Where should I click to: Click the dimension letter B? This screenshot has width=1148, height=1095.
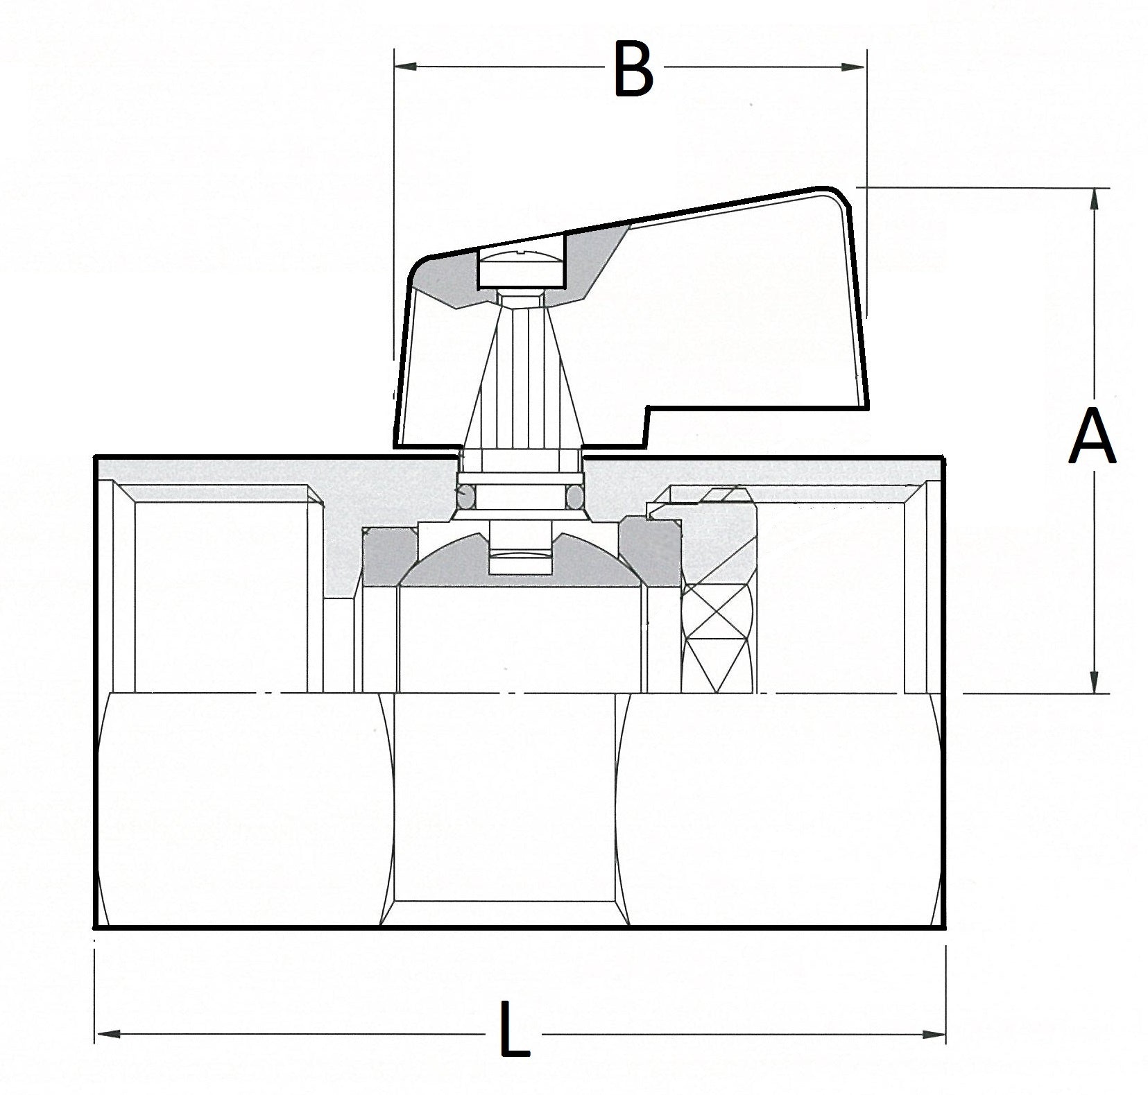[x=633, y=69]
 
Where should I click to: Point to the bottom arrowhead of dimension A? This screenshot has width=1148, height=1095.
[x=1095, y=682]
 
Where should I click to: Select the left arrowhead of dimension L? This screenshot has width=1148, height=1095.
[x=105, y=1034]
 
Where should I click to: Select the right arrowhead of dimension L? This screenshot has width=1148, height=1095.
[x=935, y=1034]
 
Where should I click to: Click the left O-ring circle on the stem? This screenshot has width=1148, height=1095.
[x=465, y=495]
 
